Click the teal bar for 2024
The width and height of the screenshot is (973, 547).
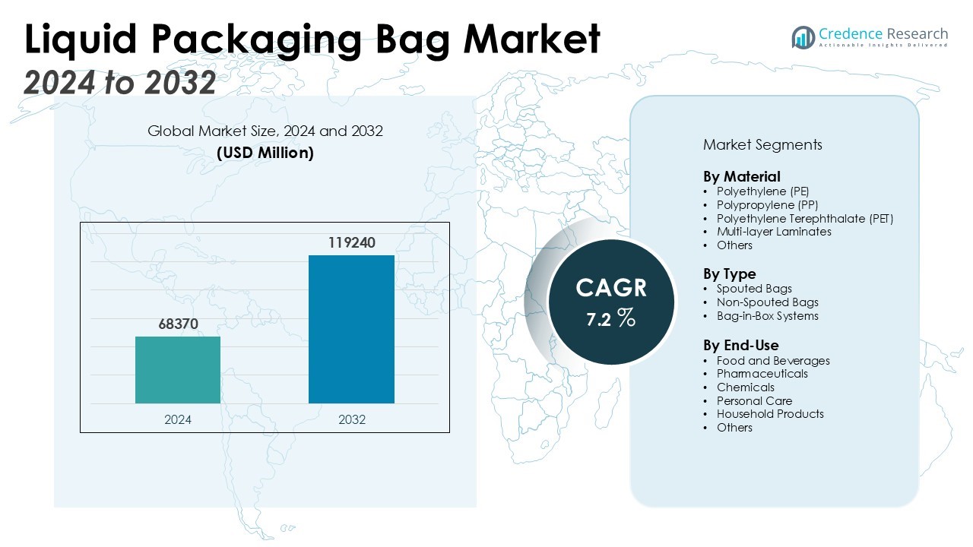point(178,370)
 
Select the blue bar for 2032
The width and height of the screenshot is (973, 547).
point(351,329)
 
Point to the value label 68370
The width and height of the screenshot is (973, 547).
point(178,324)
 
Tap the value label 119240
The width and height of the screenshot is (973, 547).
point(352,243)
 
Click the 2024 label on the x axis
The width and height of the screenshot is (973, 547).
point(178,419)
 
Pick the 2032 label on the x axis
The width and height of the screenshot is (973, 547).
point(352,419)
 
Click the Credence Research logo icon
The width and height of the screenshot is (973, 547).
point(803,37)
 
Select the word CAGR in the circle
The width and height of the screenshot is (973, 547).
point(611,288)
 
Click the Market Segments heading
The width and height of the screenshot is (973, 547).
point(762,144)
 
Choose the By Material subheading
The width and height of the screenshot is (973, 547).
point(741,177)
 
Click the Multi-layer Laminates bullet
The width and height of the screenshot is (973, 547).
point(774,232)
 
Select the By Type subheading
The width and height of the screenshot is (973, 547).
point(730,274)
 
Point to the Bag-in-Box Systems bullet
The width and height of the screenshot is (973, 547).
point(767,316)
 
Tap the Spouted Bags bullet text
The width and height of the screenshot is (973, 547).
point(754,289)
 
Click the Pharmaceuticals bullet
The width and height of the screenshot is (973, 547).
point(762,374)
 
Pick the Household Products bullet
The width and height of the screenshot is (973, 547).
point(770,414)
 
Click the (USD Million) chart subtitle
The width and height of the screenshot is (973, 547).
point(265,152)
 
